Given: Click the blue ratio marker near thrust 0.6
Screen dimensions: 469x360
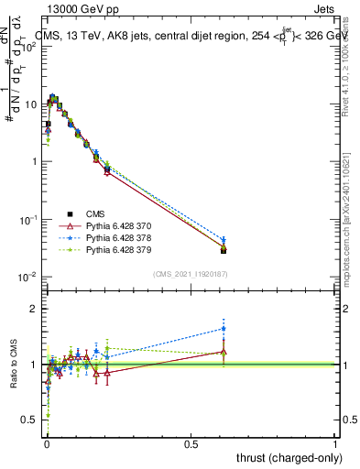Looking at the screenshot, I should [224, 328].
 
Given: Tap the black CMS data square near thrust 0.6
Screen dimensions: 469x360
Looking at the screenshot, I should [224, 250].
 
